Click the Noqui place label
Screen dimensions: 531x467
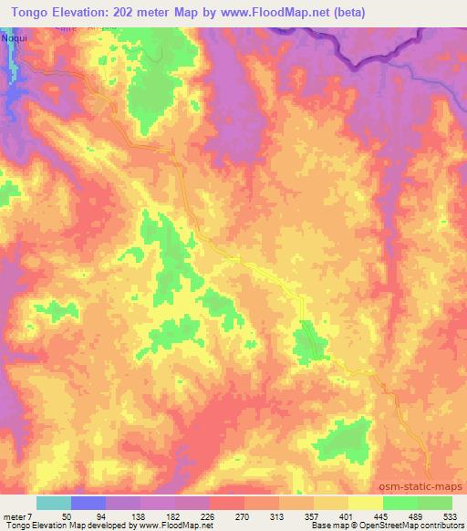(x=16, y=39)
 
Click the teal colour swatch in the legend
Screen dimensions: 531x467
(x=54, y=503)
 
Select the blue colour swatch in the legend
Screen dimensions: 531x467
(x=88, y=503)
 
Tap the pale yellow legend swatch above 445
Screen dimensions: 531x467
(x=366, y=503)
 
